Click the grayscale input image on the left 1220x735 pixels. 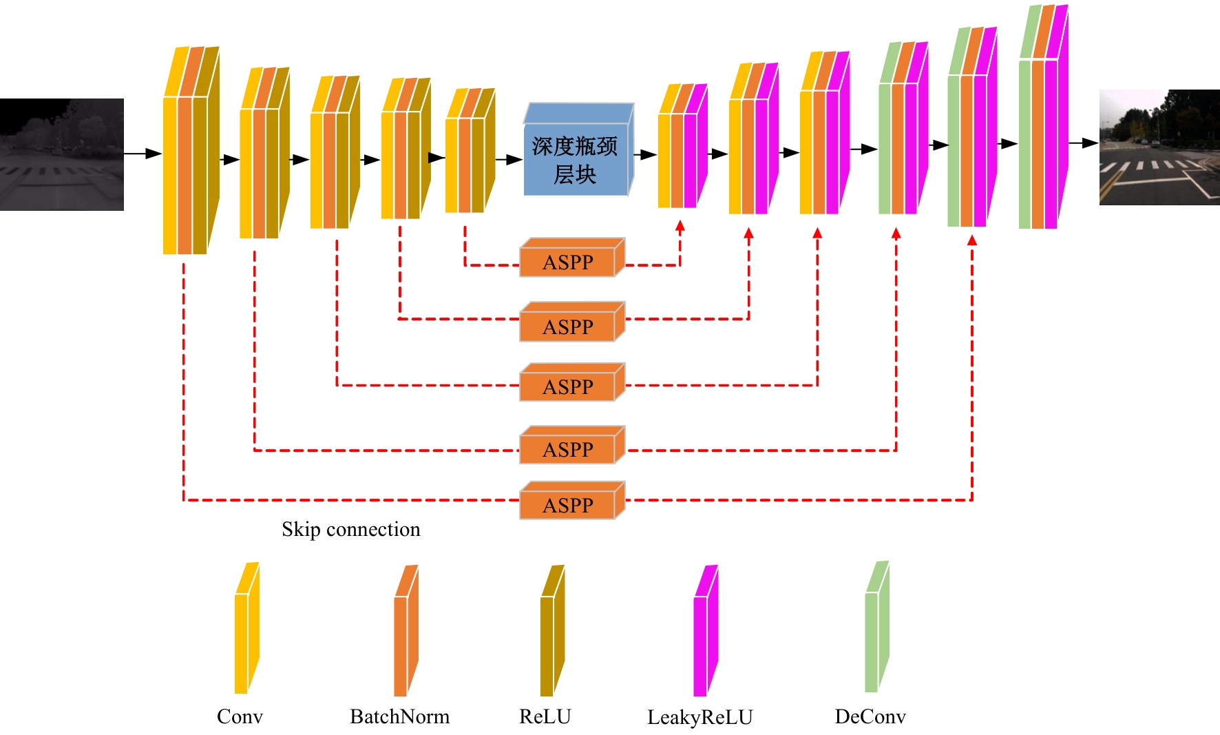62,154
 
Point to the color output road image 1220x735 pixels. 1159,147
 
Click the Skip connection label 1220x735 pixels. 350,529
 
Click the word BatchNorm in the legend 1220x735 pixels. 399,716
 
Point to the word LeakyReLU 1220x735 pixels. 700,717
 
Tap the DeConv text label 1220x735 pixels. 870,716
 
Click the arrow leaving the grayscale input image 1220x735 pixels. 143,154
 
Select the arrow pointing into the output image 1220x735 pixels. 1083,143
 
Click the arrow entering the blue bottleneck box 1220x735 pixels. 509,160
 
